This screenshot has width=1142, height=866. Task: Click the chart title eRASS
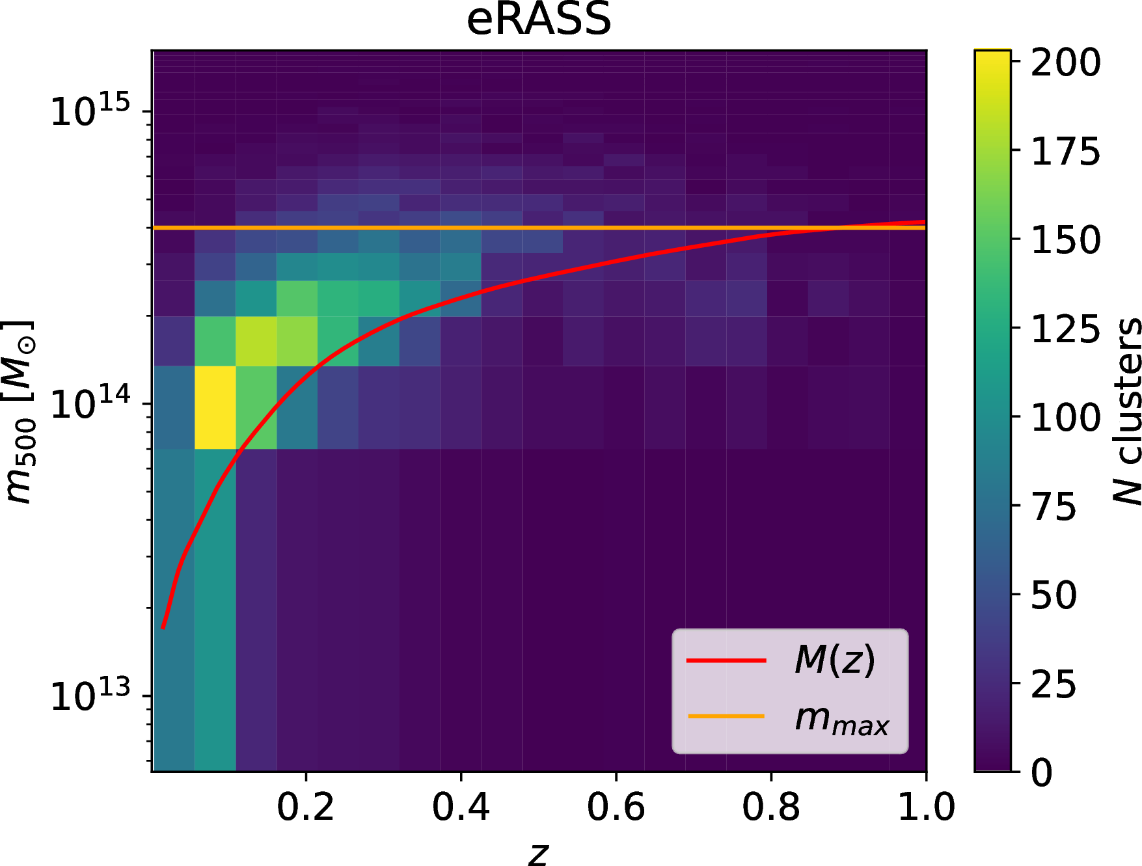[539, 20]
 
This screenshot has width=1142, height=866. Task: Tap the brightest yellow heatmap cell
[215, 407]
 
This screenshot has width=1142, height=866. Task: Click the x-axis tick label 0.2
[305, 807]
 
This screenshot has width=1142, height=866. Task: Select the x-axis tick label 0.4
[461, 807]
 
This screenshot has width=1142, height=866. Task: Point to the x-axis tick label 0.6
[616, 807]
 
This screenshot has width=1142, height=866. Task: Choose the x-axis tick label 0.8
[770, 807]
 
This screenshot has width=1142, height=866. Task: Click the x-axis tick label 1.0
[926, 807]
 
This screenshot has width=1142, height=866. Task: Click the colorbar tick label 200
[1065, 63]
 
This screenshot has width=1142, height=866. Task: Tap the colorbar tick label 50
[1054, 595]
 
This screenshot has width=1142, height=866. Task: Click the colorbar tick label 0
[1042, 773]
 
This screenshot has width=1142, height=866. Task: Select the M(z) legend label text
[835, 660]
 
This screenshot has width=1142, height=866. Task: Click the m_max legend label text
[841, 718]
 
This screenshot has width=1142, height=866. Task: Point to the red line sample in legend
[726, 660]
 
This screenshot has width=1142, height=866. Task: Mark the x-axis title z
[538, 853]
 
